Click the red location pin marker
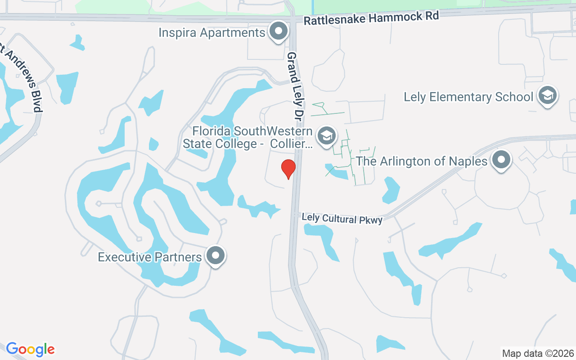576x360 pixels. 288,169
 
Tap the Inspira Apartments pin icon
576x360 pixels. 278,31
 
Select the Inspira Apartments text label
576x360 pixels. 212,33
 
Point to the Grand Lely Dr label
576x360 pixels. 294,88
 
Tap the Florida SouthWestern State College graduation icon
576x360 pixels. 326,135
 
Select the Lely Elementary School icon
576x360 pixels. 547,95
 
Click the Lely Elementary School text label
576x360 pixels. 468,97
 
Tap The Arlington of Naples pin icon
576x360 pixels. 500,160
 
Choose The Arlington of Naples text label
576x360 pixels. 422,161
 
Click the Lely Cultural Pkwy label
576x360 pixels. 342,218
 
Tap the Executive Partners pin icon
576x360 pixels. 216,255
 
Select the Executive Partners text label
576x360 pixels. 150,257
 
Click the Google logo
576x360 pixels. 31,349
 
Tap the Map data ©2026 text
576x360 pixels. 538,353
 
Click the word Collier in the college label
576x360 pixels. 295,144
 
